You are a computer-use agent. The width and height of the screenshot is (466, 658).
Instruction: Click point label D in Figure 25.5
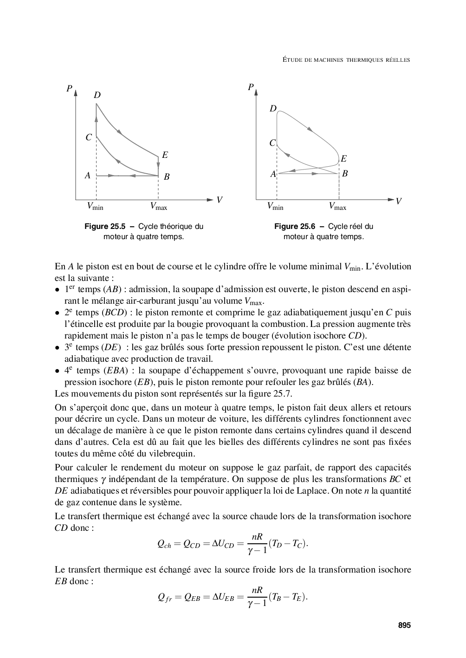pyautogui.click(x=97, y=95)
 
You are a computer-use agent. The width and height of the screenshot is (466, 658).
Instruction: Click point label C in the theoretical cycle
pyautogui.click(x=88, y=137)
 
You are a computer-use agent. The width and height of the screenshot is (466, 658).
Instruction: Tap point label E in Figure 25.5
pyautogui.click(x=165, y=155)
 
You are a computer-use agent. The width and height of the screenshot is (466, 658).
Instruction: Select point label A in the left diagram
pyautogui.click(x=87, y=176)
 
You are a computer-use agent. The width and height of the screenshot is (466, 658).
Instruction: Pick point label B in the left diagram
pyautogui.click(x=167, y=176)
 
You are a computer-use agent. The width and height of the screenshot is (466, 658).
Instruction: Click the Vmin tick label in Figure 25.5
pyautogui.click(x=95, y=207)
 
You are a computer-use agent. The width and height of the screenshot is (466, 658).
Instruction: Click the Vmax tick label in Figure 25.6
pyautogui.click(x=337, y=207)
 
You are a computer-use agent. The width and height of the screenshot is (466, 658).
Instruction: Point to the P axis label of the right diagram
pyautogui.click(x=251, y=87)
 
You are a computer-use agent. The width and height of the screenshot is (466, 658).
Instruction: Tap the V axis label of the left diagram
pyautogui.click(x=219, y=200)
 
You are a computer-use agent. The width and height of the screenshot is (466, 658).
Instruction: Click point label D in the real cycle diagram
pyautogui.click(x=273, y=109)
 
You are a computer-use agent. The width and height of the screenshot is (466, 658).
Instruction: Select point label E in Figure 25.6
pyautogui.click(x=343, y=159)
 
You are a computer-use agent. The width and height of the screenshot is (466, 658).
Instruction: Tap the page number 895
pyautogui.click(x=404, y=625)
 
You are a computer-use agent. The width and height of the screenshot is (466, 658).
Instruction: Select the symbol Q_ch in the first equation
pyautogui.click(x=164, y=545)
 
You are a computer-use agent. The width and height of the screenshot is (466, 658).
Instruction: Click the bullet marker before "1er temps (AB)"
pyautogui.click(x=57, y=290)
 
